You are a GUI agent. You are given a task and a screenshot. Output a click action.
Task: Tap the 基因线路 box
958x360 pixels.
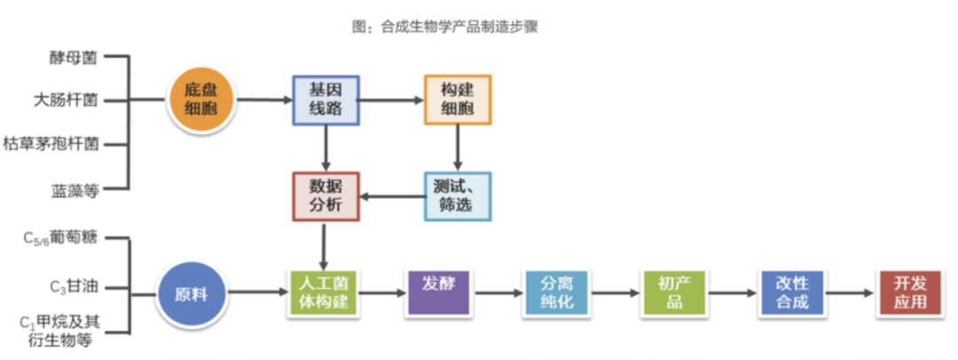pyautogui.click(x=326, y=99)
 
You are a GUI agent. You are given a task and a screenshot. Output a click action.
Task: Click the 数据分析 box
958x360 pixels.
pyautogui.click(x=326, y=196)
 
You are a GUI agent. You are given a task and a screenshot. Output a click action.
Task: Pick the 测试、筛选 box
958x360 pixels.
pyautogui.click(x=457, y=196)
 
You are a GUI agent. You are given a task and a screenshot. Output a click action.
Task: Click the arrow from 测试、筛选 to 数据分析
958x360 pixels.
pyautogui.click(x=390, y=196)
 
